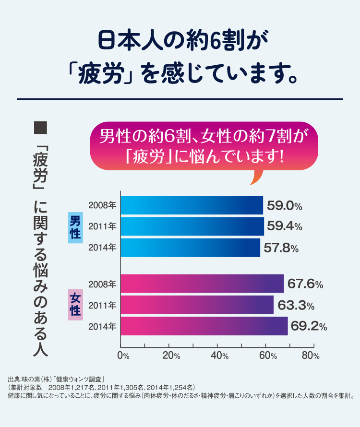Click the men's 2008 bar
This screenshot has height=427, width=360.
[192, 205]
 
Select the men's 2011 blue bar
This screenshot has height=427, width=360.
[192, 226]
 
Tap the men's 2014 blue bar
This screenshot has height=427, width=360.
[190, 248]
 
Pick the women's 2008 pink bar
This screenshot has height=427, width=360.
[202, 284]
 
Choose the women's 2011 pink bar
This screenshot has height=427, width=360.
[197, 305]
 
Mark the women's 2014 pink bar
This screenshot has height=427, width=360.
[204, 326]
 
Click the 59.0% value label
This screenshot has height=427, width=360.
[284, 206]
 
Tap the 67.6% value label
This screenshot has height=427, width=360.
[305, 284]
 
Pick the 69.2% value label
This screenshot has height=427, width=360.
[309, 327]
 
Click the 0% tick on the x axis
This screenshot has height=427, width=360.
[123, 356]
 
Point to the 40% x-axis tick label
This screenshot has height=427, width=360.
[219, 356]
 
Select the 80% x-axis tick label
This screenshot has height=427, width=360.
[311, 356]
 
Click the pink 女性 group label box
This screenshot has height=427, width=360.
[75, 305]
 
